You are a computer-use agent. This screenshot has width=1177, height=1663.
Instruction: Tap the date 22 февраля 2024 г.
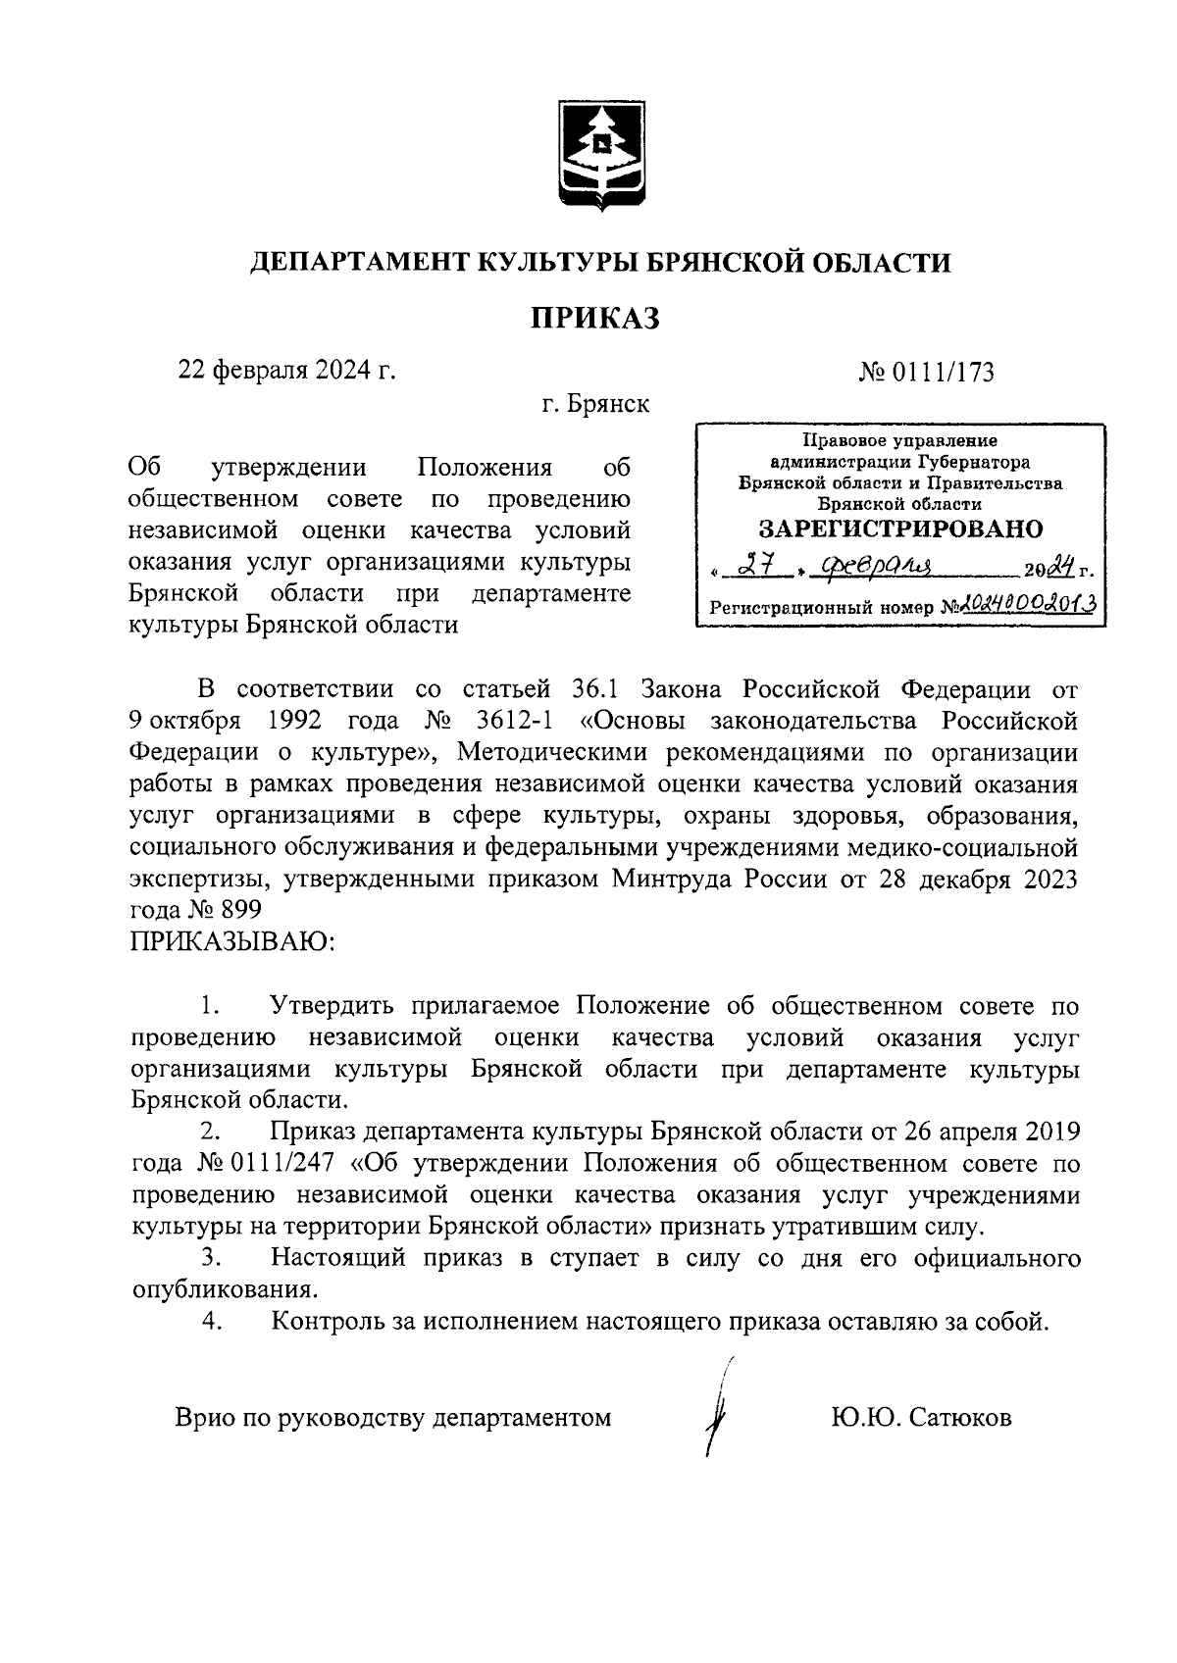tap(285, 370)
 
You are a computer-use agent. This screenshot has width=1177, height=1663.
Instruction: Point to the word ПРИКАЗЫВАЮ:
tap(232, 942)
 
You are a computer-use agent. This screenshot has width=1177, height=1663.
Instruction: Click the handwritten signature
tap(720, 1410)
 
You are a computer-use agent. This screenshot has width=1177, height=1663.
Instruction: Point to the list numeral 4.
tap(211, 1321)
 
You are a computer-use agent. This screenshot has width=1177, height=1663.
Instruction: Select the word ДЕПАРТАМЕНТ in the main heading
tap(358, 263)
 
